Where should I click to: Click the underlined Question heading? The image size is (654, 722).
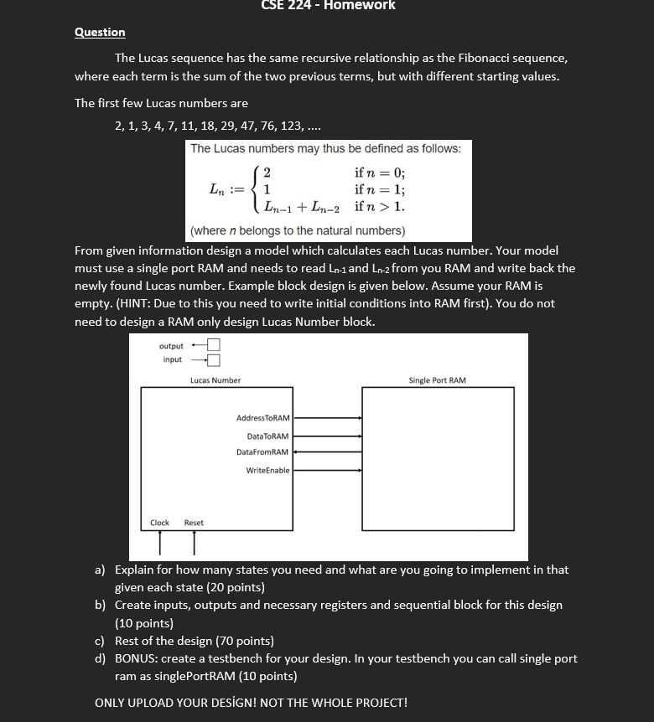click(100, 33)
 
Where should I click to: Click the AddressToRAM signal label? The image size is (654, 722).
click(262, 417)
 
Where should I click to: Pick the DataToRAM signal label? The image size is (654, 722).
click(267, 436)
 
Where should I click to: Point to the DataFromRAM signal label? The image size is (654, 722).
click(262, 452)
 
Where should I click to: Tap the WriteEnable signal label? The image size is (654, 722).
click(267, 471)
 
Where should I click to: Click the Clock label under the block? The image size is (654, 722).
click(159, 523)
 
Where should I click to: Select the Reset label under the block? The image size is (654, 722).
click(194, 523)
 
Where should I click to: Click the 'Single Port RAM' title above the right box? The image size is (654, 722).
click(437, 380)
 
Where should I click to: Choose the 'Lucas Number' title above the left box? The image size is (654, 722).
click(215, 380)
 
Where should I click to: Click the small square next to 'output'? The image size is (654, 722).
click(213, 345)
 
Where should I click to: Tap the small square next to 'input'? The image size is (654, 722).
click(213, 360)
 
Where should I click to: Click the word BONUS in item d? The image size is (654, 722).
click(138, 658)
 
